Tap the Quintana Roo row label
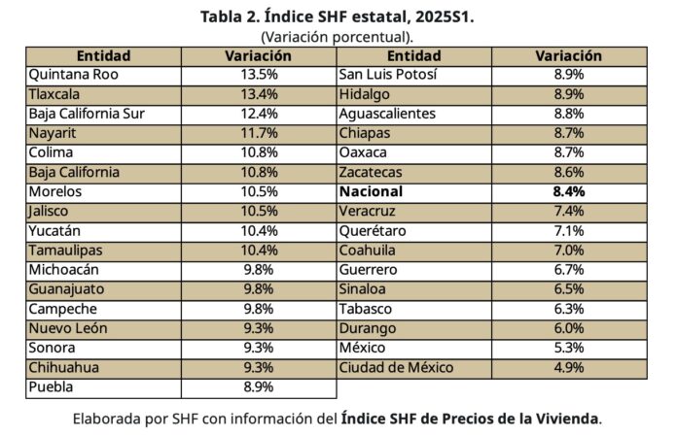coord(69,74)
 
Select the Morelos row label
coord(57,191)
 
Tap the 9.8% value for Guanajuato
coord(259,289)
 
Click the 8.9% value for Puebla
coord(259,386)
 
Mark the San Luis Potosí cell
coord(388,74)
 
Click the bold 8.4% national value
coord(569,191)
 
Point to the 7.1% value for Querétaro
coord(569,230)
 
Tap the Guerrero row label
coord(368,269)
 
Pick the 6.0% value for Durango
coord(569,328)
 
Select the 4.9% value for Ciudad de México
coord(569,367)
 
